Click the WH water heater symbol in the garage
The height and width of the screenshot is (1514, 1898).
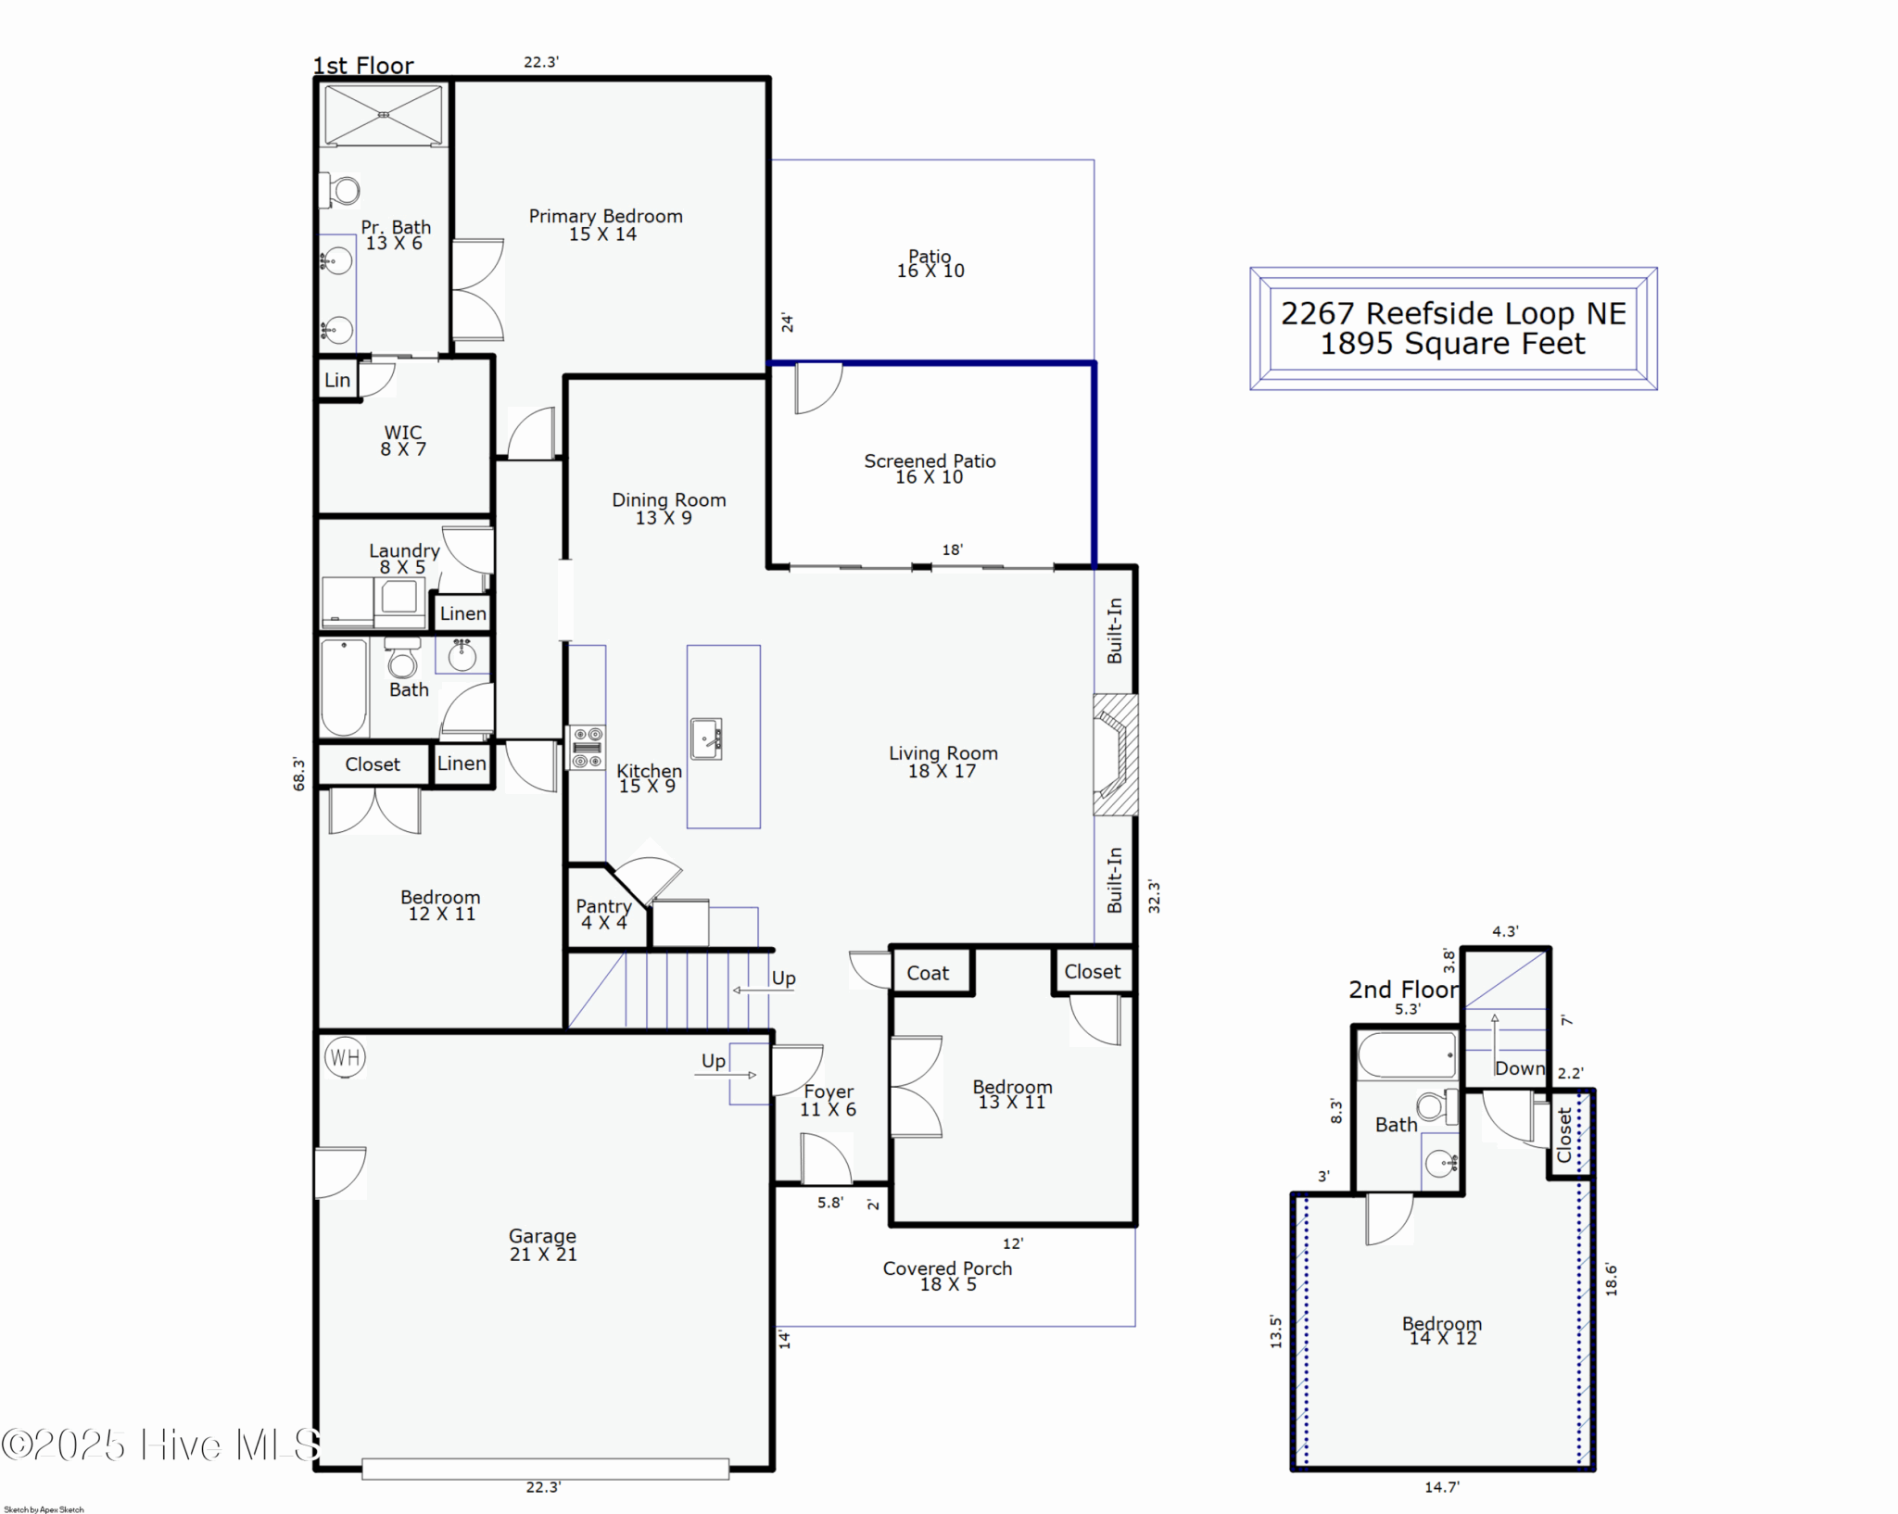[x=345, y=1057]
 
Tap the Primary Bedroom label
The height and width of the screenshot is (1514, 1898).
[x=605, y=216]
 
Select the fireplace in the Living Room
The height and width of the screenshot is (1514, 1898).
[x=1115, y=754]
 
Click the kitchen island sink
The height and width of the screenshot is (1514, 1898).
[x=706, y=738]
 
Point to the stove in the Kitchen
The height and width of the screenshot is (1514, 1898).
[x=587, y=748]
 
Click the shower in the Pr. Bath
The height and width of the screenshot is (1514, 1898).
[x=384, y=115]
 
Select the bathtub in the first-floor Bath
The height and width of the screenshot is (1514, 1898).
[x=345, y=688]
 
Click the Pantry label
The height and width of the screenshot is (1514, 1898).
[x=603, y=906]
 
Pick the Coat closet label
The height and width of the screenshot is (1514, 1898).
[x=928, y=973]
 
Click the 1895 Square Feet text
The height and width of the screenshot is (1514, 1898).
[x=1452, y=344]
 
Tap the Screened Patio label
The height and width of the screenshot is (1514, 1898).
[x=930, y=461]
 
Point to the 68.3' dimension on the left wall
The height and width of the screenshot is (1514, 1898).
[x=298, y=774]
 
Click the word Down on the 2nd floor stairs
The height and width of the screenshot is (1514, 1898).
[x=1520, y=1068]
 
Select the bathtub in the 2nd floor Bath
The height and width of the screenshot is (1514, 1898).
[x=1407, y=1055]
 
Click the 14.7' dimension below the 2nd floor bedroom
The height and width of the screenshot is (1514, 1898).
[x=1442, y=1487]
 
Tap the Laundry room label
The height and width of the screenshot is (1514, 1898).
[x=404, y=550]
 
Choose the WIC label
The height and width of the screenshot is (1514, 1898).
[x=403, y=432]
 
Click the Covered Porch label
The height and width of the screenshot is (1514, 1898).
[x=947, y=1268]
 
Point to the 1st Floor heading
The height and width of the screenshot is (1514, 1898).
[x=363, y=66]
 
